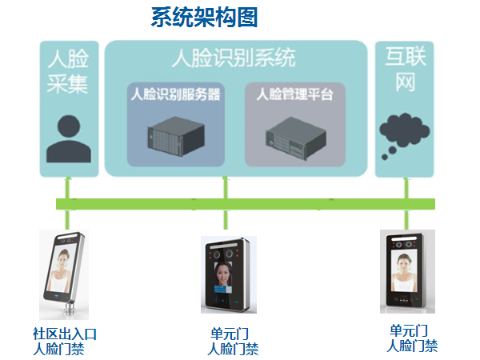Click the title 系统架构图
pyautogui.click(x=205, y=18)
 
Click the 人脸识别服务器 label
pyautogui.click(x=175, y=94)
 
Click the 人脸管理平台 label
pyautogui.click(x=294, y=94)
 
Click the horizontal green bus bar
pyautogui.click(x=240, y=203)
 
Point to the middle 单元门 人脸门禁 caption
pyautogui.click(x=233, y=341)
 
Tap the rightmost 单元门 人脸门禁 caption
pyautogui.click(x=412, y=338)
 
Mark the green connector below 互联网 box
pyautogui.click(x=406, y=187)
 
